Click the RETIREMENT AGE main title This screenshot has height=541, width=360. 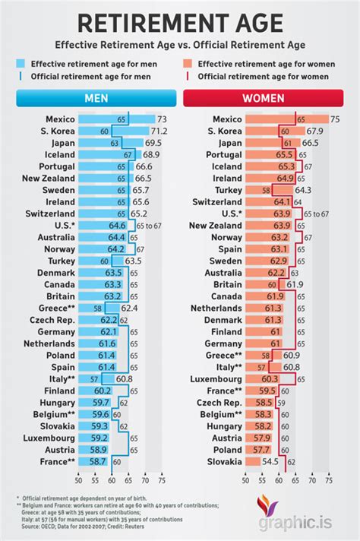tap(180, 24)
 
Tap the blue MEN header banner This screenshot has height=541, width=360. tap(96, 99)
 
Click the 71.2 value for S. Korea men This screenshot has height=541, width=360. tap(162, 131)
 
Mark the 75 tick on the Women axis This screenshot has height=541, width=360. tap(329, 479)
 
